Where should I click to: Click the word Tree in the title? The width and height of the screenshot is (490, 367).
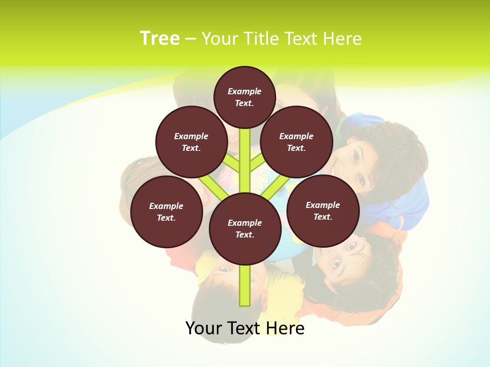click(160, 39)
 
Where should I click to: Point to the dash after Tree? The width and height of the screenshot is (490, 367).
click(190, 39)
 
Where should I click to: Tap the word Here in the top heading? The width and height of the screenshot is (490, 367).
click(342, 39)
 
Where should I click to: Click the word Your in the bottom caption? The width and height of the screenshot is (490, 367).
click(204, 328)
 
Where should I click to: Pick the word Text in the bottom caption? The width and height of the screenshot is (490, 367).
click(246, 328)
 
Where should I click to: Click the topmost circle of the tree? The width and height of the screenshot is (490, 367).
click(244, 97)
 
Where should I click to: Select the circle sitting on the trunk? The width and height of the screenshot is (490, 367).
click(245, 229)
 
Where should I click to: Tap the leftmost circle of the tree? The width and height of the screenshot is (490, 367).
click(166, 212)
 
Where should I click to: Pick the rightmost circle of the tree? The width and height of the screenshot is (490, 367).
click(323, 211)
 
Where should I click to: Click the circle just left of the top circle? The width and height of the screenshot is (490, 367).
click(191, 142)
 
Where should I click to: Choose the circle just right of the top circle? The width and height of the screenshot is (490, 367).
click(297, 142)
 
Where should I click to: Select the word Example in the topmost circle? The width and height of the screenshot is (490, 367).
click(244, 92)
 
